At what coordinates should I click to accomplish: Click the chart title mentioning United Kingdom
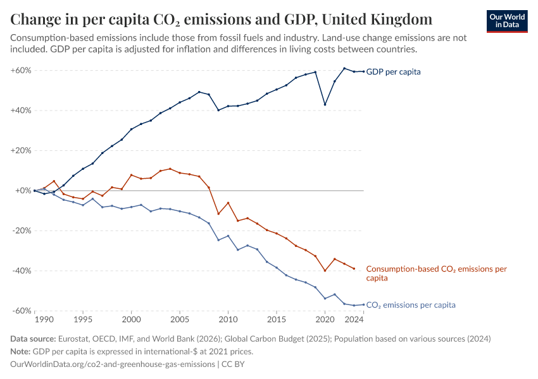tap(222, 18)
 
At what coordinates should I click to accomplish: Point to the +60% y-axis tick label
tap(21, 70)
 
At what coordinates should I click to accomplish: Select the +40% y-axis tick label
tap(21, 111)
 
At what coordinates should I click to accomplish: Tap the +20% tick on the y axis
tap(21, 150)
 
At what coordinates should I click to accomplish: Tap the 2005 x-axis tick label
tap(180, 320)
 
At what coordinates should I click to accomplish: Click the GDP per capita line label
tap(393, 72)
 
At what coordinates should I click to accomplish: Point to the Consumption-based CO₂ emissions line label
tap(436, 273)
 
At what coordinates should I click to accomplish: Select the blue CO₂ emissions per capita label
tap(411, 305)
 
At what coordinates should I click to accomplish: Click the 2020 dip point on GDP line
tap(325, 105)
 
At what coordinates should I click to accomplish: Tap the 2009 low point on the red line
tap(218, 214)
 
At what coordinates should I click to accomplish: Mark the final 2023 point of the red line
tap(354, 268)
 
